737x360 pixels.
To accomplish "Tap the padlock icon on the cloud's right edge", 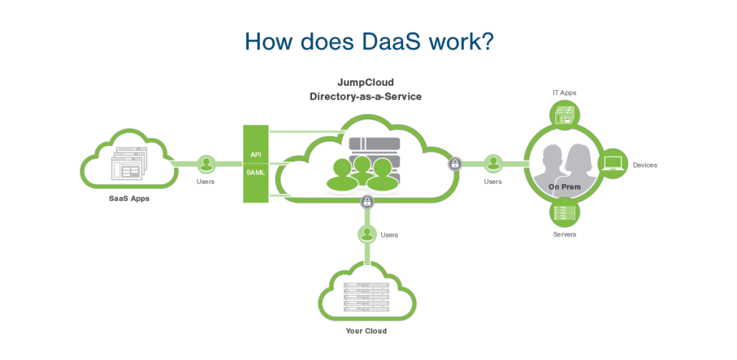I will [x=454, y=164].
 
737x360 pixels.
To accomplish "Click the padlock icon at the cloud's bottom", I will [x=367, y=202].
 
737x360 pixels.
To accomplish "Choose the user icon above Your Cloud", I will [x=367, y=233].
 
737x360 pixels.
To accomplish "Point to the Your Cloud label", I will [x=366, y=331].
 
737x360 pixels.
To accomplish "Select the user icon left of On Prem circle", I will [x=492, y=164].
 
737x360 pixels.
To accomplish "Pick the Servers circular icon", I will [x=565, y=212].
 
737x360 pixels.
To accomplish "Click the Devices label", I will [x=645, y=165].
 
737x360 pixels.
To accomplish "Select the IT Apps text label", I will [x=565, y=92].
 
